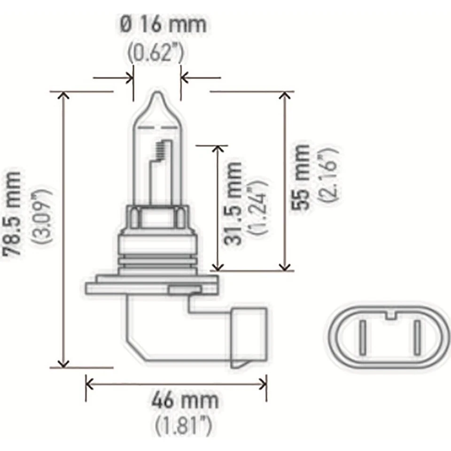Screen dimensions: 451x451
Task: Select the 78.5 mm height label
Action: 12,213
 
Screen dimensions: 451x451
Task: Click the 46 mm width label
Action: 185,400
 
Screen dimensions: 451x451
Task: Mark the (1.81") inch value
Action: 184,427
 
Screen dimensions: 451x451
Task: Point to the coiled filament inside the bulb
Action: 160,151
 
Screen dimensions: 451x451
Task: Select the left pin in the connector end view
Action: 362,337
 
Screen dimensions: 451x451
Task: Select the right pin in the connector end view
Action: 416,337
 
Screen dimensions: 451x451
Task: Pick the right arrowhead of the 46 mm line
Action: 263,384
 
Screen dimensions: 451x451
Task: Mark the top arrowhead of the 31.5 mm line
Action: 217,149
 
